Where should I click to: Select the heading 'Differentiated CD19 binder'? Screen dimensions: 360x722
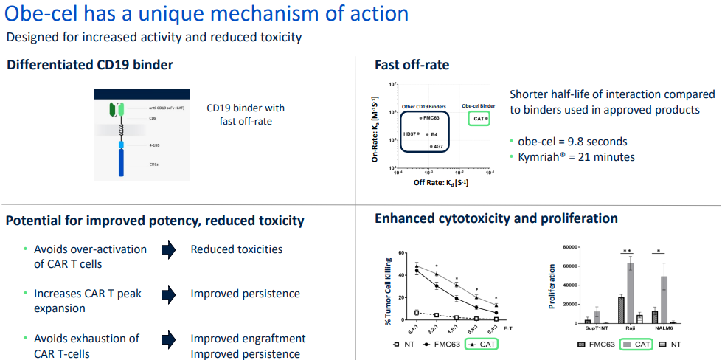[90, 65]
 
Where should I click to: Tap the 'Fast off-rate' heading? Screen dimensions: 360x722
[412, 65]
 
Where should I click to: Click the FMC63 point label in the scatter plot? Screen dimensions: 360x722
[433, 117]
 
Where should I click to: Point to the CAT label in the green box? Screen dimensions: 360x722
[478, 118]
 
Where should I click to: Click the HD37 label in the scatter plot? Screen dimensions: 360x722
[409, 134]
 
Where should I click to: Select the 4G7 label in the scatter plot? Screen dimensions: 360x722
[438, 147]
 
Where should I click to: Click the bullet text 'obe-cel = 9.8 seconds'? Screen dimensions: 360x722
[572, 142]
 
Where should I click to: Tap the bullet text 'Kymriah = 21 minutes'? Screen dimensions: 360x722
[576, 157]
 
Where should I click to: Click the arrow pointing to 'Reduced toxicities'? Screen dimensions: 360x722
[169, 250]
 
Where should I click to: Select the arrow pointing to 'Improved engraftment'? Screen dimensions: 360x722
[169, 339]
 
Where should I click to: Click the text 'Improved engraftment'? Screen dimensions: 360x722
[248, 339]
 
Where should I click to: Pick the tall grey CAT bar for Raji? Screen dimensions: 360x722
[631, 293]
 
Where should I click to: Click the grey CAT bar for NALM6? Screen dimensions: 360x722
[664, 300]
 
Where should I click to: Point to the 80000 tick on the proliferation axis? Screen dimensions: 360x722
[563, 247]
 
